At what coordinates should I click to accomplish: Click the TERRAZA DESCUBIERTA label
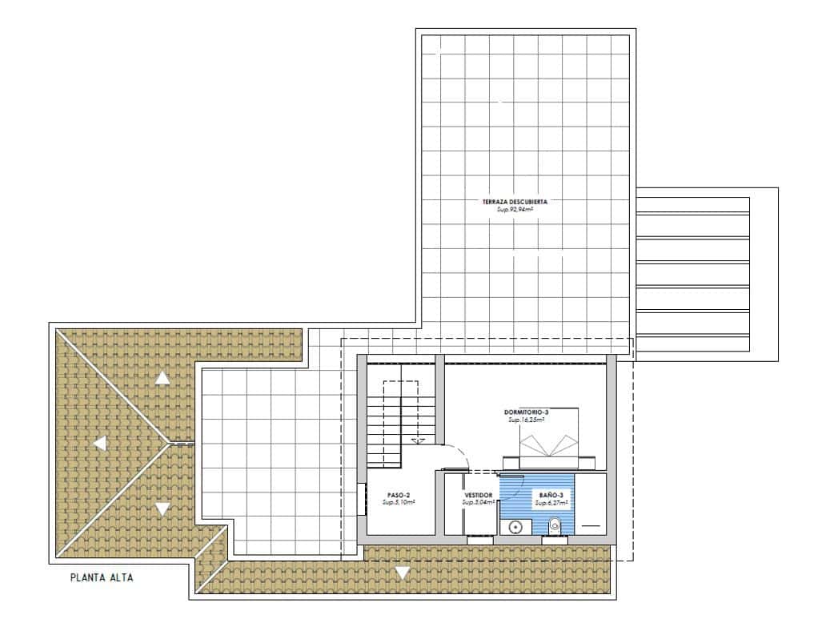click(515, 203)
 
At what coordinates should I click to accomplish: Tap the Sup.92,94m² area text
click(515, 210)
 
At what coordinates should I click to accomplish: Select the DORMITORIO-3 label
click(526, 412)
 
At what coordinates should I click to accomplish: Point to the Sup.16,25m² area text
click(526, 420)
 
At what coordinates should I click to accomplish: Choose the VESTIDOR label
click(479, 496)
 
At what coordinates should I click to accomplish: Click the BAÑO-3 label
click(551, 496)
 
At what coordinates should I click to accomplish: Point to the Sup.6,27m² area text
click(551, 503)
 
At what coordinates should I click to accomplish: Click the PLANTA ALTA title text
click(101, 577)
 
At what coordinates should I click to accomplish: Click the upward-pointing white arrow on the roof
click(162, 379)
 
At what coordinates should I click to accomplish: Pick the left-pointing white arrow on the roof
click(101, 443)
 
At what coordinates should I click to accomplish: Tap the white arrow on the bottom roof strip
click(402, 573)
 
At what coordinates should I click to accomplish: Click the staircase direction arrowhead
click(415, 440)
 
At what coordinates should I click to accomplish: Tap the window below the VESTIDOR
click(480, 541)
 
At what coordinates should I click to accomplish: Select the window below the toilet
click(555, 541)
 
